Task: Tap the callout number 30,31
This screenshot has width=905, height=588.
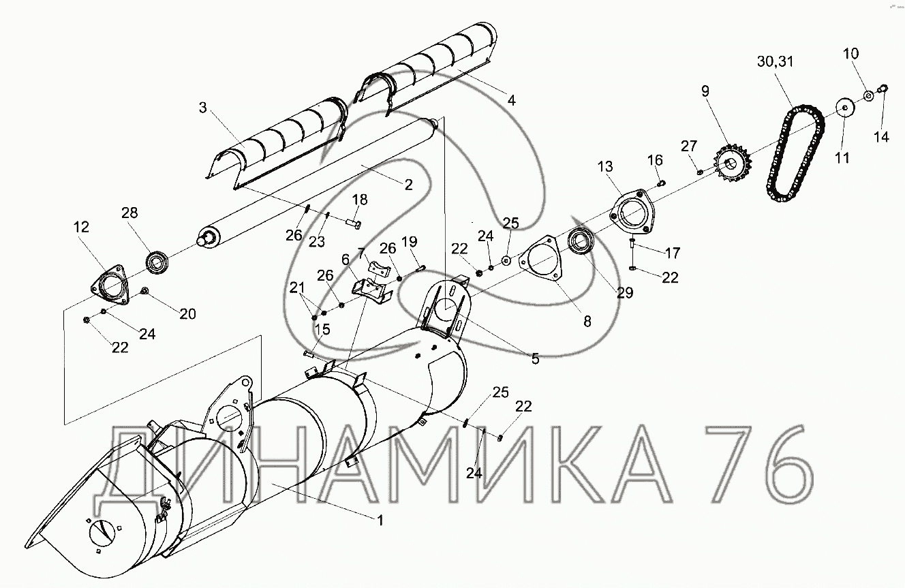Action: pos(776,62)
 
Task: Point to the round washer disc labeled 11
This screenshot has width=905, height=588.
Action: pos(844,107)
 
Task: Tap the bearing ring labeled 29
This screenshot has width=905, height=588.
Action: pos(582,241)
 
